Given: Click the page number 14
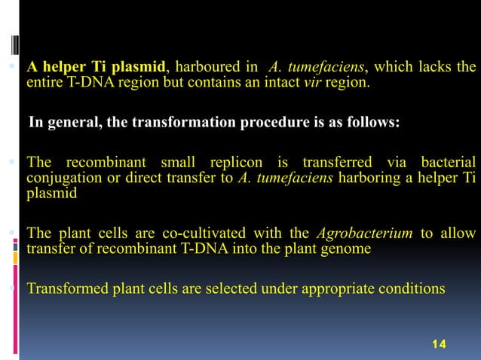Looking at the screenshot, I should pos(438,343).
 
